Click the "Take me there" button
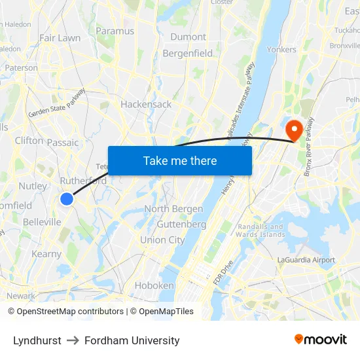pyautogui.click(x=180, y=160)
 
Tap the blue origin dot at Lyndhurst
pyautogui.click(x=67, y=198)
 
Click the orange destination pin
pyautogui.click(x=294, y=128)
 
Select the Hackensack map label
pyautogui.click(x=146, y=104)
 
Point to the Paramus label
pyautogui.click(x=115, y=31)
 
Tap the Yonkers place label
pyautogui.click(x=281, y=49)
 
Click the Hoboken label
pyautogui.click(x=154, y=285)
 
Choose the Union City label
pyautogui.click(x=162, y=240)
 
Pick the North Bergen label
pyautogui.click(x=173, y=209)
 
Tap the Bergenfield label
pyautogui.click(x=188, y=53)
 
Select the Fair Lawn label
pyautogui.click(x=60, y=38)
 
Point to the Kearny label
pyautogui.click(x=46, y=254)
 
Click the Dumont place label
pyautogui.click(x=188, y=37)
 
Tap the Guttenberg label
pyautogui.click(x=181, y=224)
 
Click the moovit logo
pyautogui.click(x=320, y=339)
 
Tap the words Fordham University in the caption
pyautogui.click(x=132, y=340)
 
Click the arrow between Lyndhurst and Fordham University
pyautogui.click(x=73, y=340)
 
